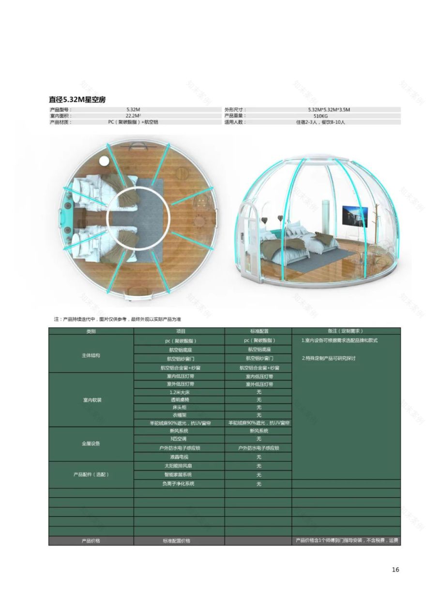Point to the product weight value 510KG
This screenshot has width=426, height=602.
(321, 116)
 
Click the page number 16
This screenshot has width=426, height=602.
(396, 570)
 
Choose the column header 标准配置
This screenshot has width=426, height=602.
(259, 331)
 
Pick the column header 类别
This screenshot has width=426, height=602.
(91, 331)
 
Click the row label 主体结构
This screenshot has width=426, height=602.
(91, 355)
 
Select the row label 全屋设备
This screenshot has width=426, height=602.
(91, 443)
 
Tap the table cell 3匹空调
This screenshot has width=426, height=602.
(179, 439)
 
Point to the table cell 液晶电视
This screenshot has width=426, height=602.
(179, 457)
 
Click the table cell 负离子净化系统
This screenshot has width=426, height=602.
(179, 484)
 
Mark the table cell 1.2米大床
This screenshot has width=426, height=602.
(179, 392)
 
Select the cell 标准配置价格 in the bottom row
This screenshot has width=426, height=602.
(179, 541)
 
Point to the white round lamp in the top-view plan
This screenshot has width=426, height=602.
(104, 161)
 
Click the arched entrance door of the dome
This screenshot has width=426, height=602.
(247, 232)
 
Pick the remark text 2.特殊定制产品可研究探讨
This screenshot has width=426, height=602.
(329, 359)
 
